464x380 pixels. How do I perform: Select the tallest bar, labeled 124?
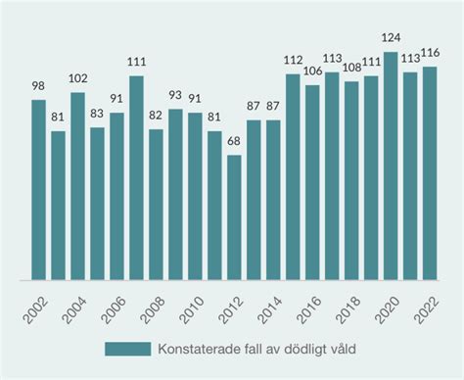(391, 166)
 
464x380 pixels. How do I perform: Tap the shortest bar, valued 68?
(234, 217)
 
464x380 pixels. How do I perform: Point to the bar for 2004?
(78, 186)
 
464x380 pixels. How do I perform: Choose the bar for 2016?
(312, 182)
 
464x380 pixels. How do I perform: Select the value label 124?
(391, 38)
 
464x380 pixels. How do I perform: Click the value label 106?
(312, 71)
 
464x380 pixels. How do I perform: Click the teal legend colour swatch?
(127, 350)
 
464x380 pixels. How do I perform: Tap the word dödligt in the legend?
(306, 350)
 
